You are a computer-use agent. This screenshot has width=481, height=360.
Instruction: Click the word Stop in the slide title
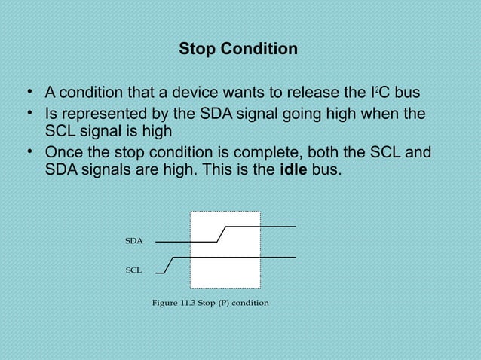pyautogui.click(x=196, y=50)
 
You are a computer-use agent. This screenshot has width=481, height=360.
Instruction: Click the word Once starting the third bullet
pyautogui.click(x=64, y=153)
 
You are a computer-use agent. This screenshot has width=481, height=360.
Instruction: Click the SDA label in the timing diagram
pyautogui.click(x=133, y=241)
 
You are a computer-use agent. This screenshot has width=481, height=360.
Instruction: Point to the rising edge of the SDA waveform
pyautogui.click(x=221, y=233)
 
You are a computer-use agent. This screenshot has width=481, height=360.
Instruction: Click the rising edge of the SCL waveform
pyautogui.click(x=170, y=264)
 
